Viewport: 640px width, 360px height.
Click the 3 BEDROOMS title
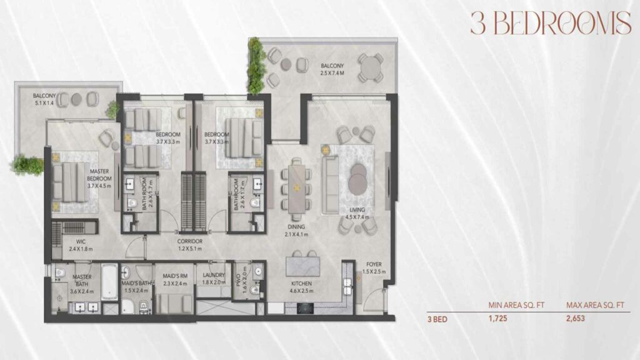[x=550, y=23]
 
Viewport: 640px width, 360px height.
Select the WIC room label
[x=81, y=241]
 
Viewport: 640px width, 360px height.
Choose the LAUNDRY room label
[x=214, y=276]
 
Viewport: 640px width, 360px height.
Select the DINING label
[x=295, y=227]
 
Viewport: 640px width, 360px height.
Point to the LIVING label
[x=357, y=210]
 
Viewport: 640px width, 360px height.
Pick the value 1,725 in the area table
[x=497, y=318]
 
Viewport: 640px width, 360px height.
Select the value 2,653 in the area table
[x=577, y=318]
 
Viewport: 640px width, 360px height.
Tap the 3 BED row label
[x=437, y=318]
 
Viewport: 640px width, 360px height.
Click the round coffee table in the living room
[x=358, y=179]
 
